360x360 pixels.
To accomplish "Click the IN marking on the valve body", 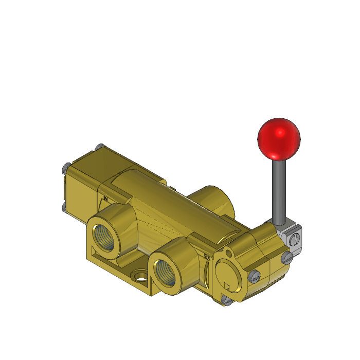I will [106, 197].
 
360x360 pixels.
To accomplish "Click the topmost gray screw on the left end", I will [99, 147].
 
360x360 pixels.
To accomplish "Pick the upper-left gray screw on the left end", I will [64, 167].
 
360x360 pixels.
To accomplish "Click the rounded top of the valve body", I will [149, 183].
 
